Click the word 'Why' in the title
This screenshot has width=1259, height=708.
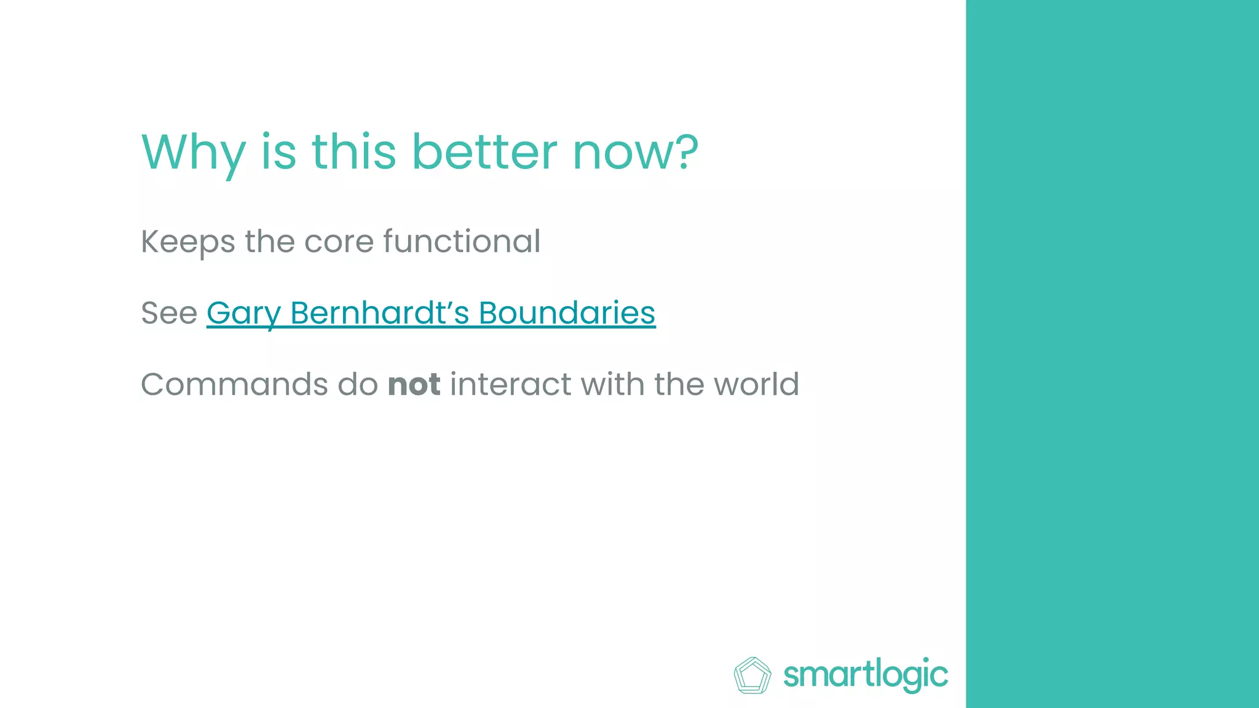[x=193, y=152]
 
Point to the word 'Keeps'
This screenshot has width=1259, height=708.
[x=187, y=242]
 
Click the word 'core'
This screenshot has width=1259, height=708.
[x=339, y=242]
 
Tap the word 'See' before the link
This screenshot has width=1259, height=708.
[x=169, y=313]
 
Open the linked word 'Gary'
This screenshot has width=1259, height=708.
[x=243, y=313]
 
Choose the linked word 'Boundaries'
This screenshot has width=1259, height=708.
[x=567, y=312]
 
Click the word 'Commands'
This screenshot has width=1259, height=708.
[x=234, y=384]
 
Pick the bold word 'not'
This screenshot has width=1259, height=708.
[x=414, y=385]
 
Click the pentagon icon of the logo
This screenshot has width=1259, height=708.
[x=752, y=675]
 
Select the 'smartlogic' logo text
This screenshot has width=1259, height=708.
[x=865, y=675]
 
